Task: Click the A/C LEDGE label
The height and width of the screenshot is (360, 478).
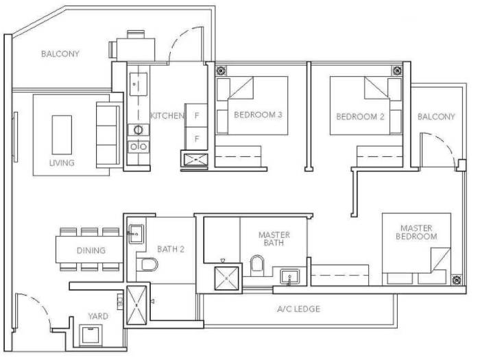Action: coord(299,309)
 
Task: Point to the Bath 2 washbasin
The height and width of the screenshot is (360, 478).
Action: coord(136,234)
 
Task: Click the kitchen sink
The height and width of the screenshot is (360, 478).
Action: coord(139,84)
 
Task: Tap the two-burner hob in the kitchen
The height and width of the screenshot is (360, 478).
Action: coord(139,147)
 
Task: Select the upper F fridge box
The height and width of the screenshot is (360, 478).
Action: coord(197,115)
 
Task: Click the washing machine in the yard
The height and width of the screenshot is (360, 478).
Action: coord(91,335)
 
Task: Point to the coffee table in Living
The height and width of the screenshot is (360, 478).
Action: coord(62,134)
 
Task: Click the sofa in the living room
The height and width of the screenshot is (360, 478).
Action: coord(108,134)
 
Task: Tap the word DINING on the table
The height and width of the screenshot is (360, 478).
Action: coord(91,250)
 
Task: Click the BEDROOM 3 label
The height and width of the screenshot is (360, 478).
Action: coord(258,115)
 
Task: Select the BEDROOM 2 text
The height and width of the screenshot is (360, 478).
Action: coord(360,117)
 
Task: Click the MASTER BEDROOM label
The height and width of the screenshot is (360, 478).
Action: coord(416,232)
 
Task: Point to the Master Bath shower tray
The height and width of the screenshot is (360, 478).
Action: coord(226,278)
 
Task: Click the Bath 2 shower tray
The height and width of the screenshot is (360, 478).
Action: coord(136,305)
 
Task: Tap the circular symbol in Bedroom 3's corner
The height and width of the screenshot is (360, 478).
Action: coord(221,71)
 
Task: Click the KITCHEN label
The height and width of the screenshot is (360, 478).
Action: coord(167,116)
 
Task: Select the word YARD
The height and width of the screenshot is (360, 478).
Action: coord(98,316)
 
